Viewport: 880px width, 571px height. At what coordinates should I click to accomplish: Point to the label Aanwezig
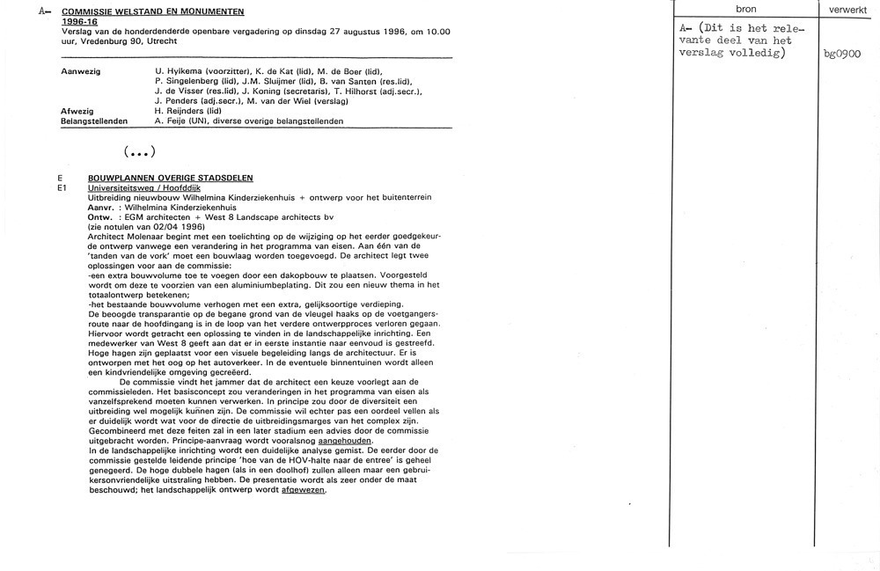click(80, 70)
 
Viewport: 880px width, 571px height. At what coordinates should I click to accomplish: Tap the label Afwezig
click(77, 112)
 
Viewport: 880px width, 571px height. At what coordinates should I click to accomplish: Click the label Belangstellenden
click(94, 121)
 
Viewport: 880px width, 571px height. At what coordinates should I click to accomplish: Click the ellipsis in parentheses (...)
click(141, 150)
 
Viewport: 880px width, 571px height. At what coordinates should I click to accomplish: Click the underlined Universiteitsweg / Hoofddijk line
click(144, 187)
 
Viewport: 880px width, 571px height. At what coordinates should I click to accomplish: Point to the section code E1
click(62, 187)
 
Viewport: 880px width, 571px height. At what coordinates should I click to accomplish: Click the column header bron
click(745, 9)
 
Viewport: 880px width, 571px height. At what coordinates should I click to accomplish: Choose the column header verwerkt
click(848, 9)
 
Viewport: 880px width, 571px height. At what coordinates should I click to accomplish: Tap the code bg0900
click(840, 55)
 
